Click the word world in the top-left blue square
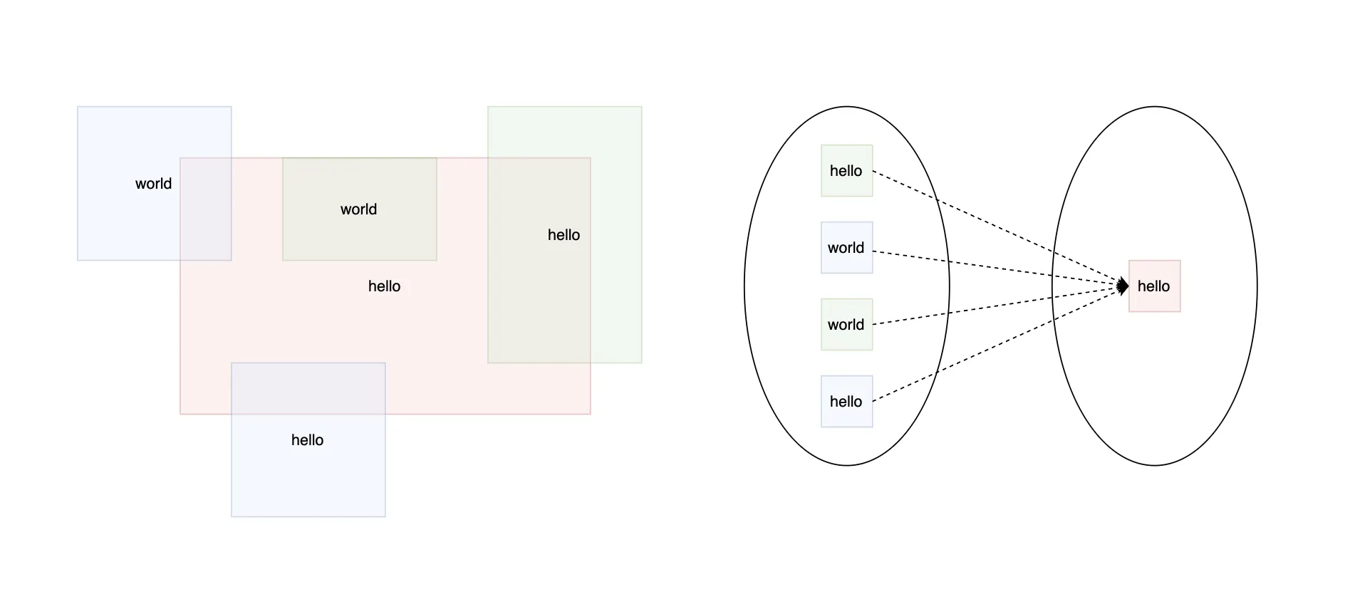(x=153, y=184)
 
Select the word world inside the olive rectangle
(x=358, y=209)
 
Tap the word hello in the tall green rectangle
(x=564, y=235)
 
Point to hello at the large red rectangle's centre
(x=384, y=286)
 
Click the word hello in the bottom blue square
(x=307, y=440)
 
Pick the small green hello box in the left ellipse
(x=846, y=171)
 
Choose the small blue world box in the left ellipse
(x=846, y=248)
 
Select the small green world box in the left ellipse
(x=846, y=325)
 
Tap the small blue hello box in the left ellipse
(x=846, y=402)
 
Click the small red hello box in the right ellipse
(x=1154, y=286)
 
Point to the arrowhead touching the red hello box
(x=1123, y=286)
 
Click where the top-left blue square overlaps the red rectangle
(x=206, y=209)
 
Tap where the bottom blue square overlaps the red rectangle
(x=308, y=388)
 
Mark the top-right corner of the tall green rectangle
(x=641, y=107)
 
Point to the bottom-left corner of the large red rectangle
(x=180, y=414)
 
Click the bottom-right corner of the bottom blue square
(x=385, y=516)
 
